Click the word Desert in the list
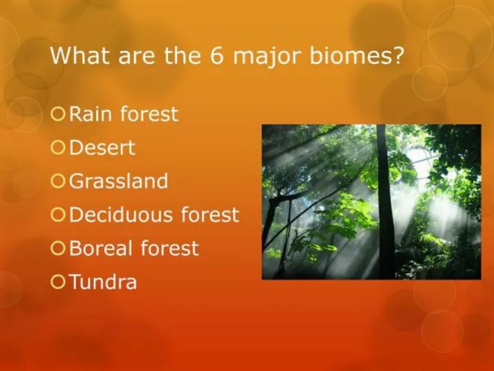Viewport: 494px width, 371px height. tap(102, 147)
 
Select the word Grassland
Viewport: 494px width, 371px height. tap(119, 181)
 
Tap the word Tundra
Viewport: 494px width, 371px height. tap(103, 282)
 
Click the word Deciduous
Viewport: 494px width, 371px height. tap(121, 214)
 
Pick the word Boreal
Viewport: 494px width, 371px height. tap(101, 248)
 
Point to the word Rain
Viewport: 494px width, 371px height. tap(91, 113)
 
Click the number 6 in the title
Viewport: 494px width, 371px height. tap(216, 56)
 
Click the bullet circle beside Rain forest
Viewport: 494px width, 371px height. tap(58, 114)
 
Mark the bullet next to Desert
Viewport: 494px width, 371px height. tap(58, 148)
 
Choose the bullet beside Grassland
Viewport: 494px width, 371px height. tap(58, 181)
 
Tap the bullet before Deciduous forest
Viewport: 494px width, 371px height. tap(58, 215)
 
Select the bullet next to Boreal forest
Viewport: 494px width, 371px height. tap(58, 248)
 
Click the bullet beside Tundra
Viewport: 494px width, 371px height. tap(58, 282)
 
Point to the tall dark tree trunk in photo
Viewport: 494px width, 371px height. tap(385, 202)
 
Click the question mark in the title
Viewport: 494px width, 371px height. tap(397, 56)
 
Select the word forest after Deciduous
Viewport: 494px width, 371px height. tap(210, 214)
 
